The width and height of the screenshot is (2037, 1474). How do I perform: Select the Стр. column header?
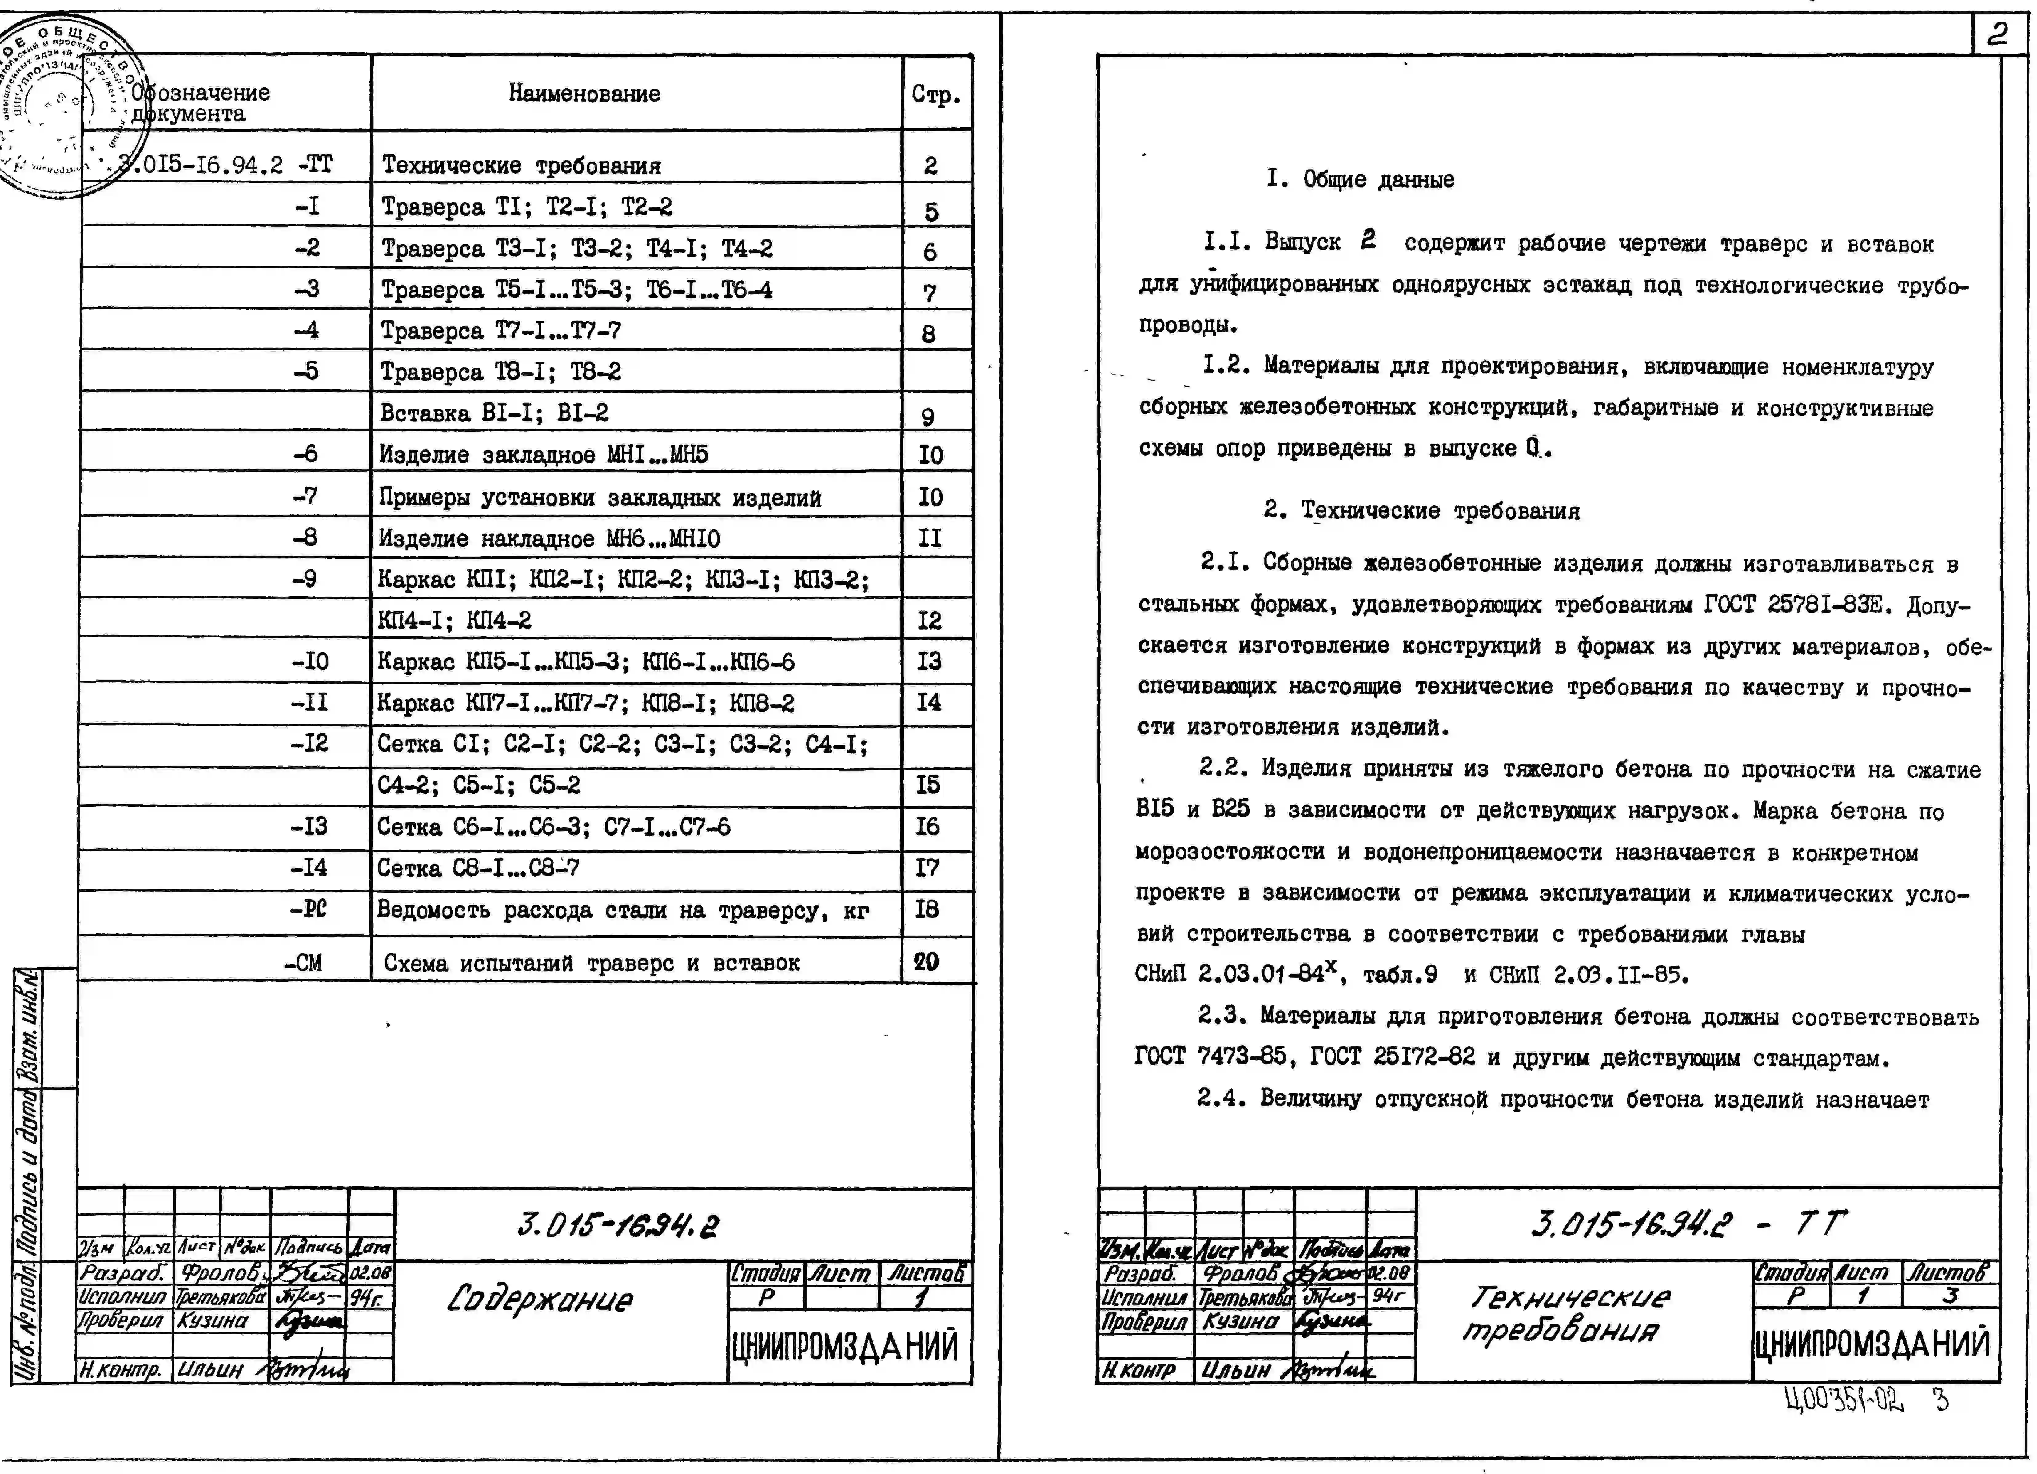tap(936, 94)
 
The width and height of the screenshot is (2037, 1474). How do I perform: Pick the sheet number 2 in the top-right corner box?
tap(1998, 34)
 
